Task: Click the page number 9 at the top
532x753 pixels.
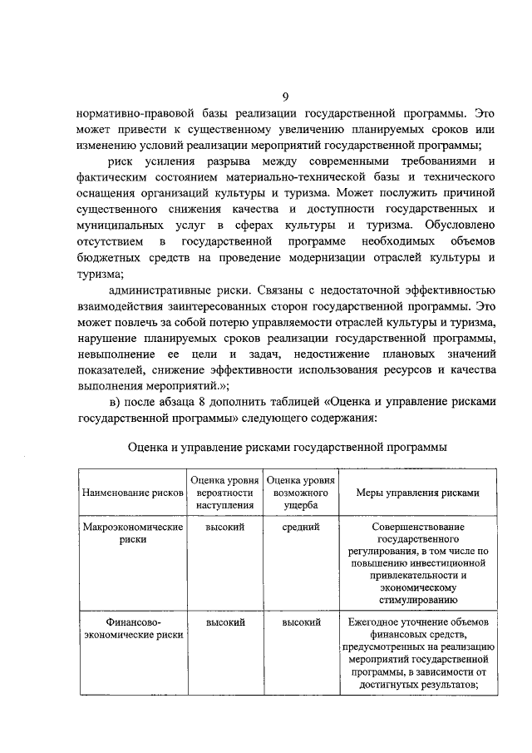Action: tap(287, 96)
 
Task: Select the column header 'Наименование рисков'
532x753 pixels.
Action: tap(132, 493)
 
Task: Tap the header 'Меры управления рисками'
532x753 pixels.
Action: tap(417, 493)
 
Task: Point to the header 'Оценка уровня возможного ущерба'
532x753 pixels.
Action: tap(301, 493)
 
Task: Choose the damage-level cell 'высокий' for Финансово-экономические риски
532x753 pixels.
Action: tap(301, 622)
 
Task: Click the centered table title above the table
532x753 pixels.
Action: tap(287, 447)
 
